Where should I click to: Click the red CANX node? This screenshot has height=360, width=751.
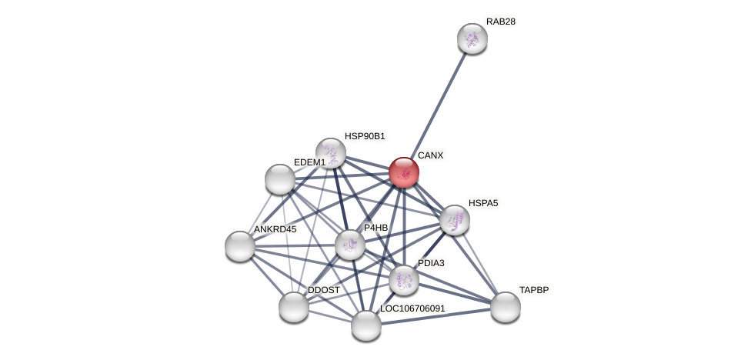click(x=403, y=172)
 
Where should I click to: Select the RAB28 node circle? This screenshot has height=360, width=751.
click(x=472, y=38)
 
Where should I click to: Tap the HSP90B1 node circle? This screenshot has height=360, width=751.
click(x=331, y=153)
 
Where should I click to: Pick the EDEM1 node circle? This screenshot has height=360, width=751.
click(x=280, y=179)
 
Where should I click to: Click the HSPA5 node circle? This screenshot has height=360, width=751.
click(x=455, y=220)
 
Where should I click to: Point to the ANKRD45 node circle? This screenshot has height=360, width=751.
click(x=240, y=246)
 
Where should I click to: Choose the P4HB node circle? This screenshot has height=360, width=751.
click(x=350, y=245)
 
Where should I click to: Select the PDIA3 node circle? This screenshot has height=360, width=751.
click(x=404, y=280)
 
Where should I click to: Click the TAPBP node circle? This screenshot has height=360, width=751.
click(x=506, y=307)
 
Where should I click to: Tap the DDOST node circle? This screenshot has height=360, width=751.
click(x=294, y=307)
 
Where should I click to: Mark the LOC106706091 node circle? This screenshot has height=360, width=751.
click(x=366, y=325)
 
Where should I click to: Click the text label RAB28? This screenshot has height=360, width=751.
click(x=501, y=22)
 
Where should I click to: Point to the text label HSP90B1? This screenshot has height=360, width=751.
click(x=365, y=136)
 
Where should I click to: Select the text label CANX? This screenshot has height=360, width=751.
click(x=430, y=155)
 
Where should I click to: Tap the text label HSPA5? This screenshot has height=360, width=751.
click(x=483, y=203)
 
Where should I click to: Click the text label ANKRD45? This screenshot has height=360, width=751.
click(x=275, y=229)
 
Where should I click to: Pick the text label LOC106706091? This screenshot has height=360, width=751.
click(x=412, y=308)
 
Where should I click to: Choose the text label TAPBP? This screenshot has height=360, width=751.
click(x=534, y=290)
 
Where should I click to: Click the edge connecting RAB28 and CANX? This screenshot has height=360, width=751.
click(x=438, y=105)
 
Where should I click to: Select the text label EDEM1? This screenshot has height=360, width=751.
click(x=309, y=162)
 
